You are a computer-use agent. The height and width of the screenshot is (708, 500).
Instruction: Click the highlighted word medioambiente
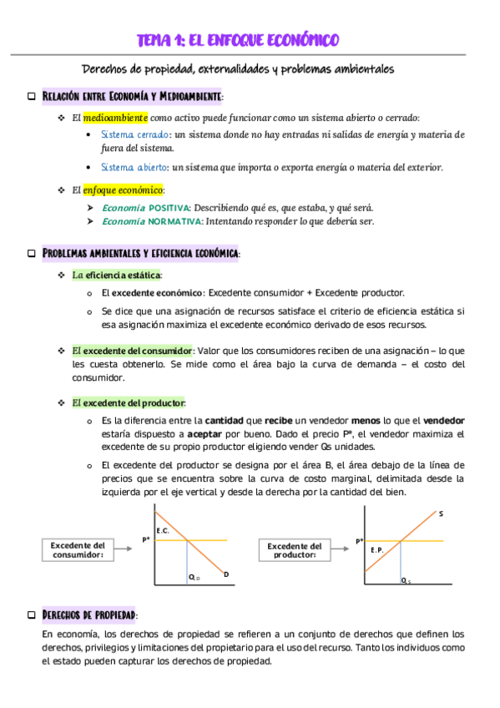115,118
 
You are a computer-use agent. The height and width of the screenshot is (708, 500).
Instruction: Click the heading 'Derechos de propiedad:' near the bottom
89,615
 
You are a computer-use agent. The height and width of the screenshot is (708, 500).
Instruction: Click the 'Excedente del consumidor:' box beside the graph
78,549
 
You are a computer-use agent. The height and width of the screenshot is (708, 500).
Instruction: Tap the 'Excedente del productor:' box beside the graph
294,549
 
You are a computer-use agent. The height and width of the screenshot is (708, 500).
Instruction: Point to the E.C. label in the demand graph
163,530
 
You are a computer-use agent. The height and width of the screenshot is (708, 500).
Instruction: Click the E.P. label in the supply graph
376,549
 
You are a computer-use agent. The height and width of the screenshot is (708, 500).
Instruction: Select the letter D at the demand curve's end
226,574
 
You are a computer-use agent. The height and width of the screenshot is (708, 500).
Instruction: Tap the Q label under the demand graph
194,577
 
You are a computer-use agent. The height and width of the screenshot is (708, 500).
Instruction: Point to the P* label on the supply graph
360,541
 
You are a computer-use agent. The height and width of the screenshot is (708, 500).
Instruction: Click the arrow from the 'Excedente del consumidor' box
128,549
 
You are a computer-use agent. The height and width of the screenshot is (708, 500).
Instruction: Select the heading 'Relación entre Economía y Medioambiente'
133,97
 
